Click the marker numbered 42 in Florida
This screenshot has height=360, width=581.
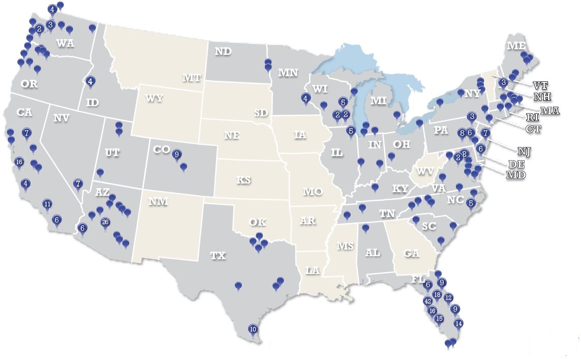coord(427,301)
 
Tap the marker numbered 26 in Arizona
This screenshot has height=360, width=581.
coord(105,222)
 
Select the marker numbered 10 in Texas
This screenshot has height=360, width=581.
coord(253,329)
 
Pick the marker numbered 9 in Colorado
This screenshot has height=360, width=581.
coord(177,154)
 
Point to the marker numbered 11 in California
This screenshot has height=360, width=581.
coord(47,204)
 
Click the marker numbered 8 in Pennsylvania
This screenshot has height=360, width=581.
coord(462,133)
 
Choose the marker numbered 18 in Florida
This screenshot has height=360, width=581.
coord(437,295)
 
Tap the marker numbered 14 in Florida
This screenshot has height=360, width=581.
coord(458,323)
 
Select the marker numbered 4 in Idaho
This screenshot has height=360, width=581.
coord(90,80)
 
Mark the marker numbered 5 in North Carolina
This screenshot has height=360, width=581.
coord(471,203)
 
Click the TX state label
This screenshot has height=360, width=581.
coord(218,256)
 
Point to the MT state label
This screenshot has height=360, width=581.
coord(192,78)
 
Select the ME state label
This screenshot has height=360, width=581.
coord(516,46)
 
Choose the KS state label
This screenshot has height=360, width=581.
coord(243,180)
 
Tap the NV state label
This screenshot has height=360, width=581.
coord(61,118)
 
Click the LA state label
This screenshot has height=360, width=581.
coord(313,271)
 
